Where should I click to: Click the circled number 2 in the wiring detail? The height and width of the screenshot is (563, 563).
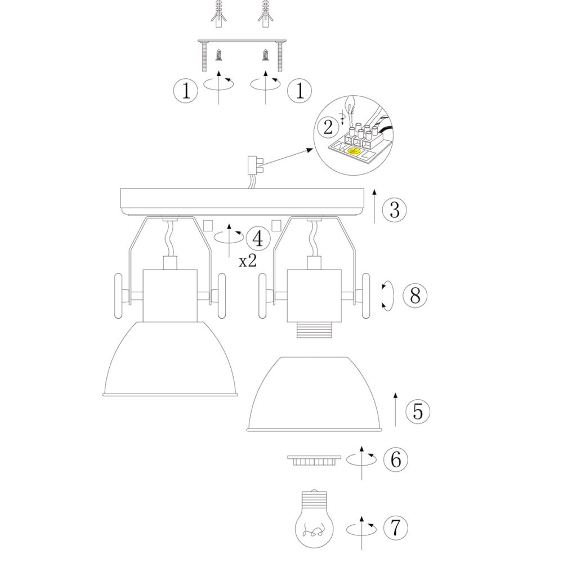coord(328,127)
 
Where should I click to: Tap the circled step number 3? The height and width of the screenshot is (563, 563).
coord(394,209)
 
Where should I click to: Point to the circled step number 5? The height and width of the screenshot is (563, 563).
coord(418,411)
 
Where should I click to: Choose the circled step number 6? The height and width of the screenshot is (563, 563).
coord(396,459)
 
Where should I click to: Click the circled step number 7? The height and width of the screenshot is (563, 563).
coord(396,528)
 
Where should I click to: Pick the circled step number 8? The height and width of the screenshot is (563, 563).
coord(415,296)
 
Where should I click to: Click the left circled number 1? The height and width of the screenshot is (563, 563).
coord(186,91)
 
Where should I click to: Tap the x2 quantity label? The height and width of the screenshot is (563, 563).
coord(248,261)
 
